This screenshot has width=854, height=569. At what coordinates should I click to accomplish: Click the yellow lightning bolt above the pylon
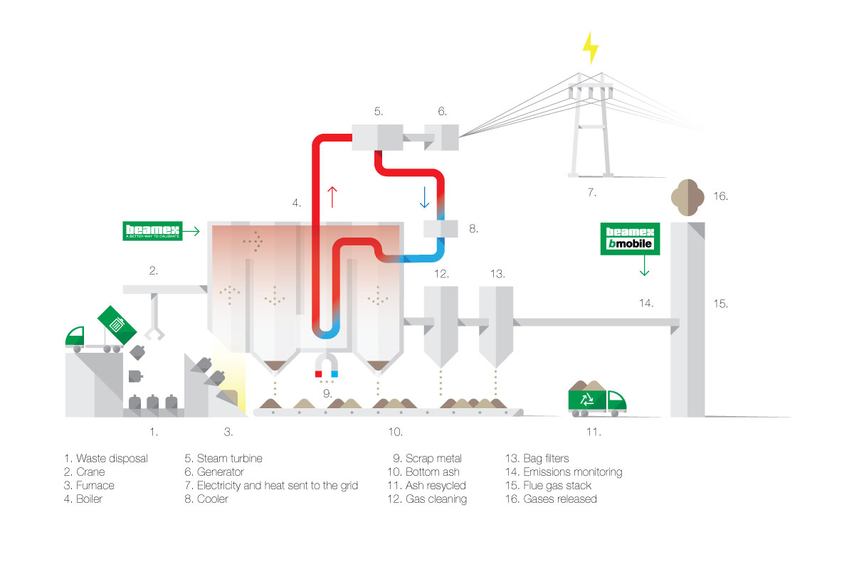coord(590,48)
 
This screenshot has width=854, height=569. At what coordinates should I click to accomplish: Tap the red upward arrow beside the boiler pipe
coord(332,196)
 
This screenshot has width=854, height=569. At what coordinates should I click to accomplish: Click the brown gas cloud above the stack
coord(688,194)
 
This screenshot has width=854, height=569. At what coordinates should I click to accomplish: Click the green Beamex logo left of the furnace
coord(152,230)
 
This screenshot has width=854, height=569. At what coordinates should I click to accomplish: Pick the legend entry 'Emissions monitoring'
coord(572,472)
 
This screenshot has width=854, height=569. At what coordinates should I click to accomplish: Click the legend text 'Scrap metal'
coord(433,459)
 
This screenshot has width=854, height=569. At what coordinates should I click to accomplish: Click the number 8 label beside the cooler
coord(473,229)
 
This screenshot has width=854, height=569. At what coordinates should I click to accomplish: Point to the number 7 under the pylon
coord(591,192)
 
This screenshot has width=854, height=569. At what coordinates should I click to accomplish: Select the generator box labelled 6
coord(442,136)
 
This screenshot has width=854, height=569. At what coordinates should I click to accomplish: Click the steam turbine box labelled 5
coord(377,137)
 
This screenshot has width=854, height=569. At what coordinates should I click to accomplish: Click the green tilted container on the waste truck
coord(117,324)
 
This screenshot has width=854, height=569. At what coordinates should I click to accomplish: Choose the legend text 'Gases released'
coord(560,499)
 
